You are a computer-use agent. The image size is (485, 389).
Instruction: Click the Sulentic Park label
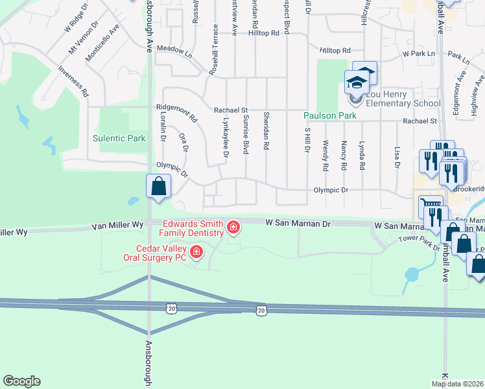pos(119,138)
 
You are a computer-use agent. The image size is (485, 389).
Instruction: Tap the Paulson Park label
pos(328,116)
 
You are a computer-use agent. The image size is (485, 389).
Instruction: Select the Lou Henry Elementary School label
pos(403,99)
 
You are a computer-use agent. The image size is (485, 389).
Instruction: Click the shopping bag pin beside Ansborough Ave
pos(158,187)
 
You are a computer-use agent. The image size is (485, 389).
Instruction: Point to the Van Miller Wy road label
pos(117,224)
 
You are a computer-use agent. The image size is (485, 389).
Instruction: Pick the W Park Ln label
pos(418,53)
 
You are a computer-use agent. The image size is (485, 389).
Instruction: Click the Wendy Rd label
pos(325,156)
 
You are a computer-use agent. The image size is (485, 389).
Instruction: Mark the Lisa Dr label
pos(397,156)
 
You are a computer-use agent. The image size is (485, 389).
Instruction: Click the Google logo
pos(22,381)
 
